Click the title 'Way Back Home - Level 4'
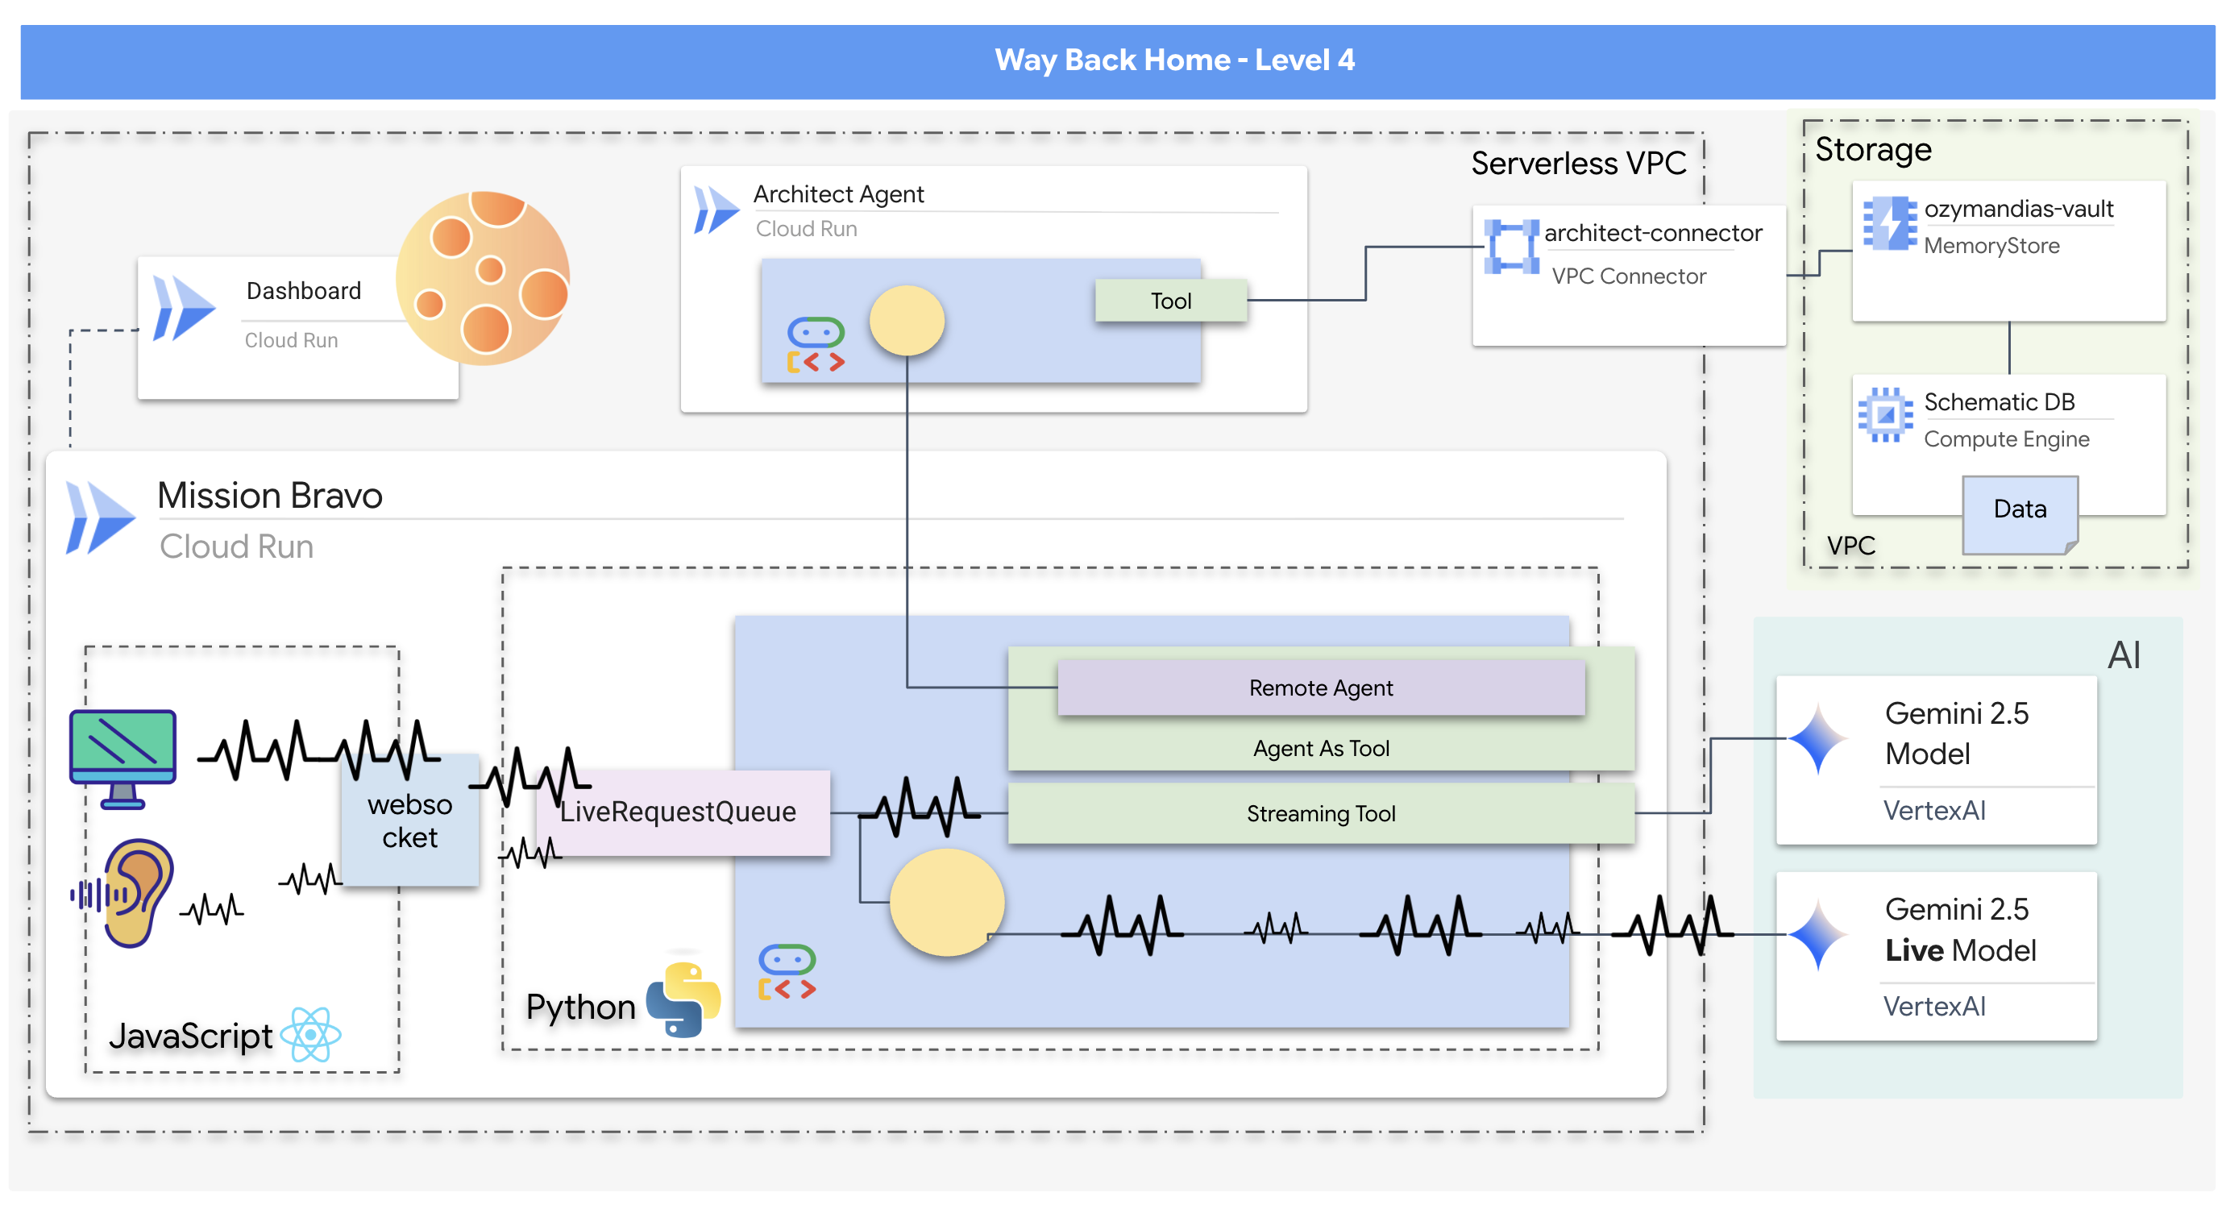click(x=1174, y=60)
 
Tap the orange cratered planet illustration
click(x=483, y=277)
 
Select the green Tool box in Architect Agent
click(x=1170, y=301)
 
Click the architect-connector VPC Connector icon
click(x=1510, y=247)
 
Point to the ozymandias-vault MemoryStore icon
click(x=1889, y=223)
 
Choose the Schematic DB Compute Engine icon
click(x=1886, y=415)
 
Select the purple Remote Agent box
click(x=1320, y=688)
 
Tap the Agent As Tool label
click(x=1320, y=749)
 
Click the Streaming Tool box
click(x=1320, y=813)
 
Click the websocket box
click(x=409, y=821)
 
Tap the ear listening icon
click(x=134, y=893)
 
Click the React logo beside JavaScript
click(x=311, y=1034)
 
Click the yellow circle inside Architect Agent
click(x=907, y=321)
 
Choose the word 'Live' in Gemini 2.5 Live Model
click(x=1913, y=950)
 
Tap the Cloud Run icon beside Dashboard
click(x=183, y=309)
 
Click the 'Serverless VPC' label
click(x=1578, y=164)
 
